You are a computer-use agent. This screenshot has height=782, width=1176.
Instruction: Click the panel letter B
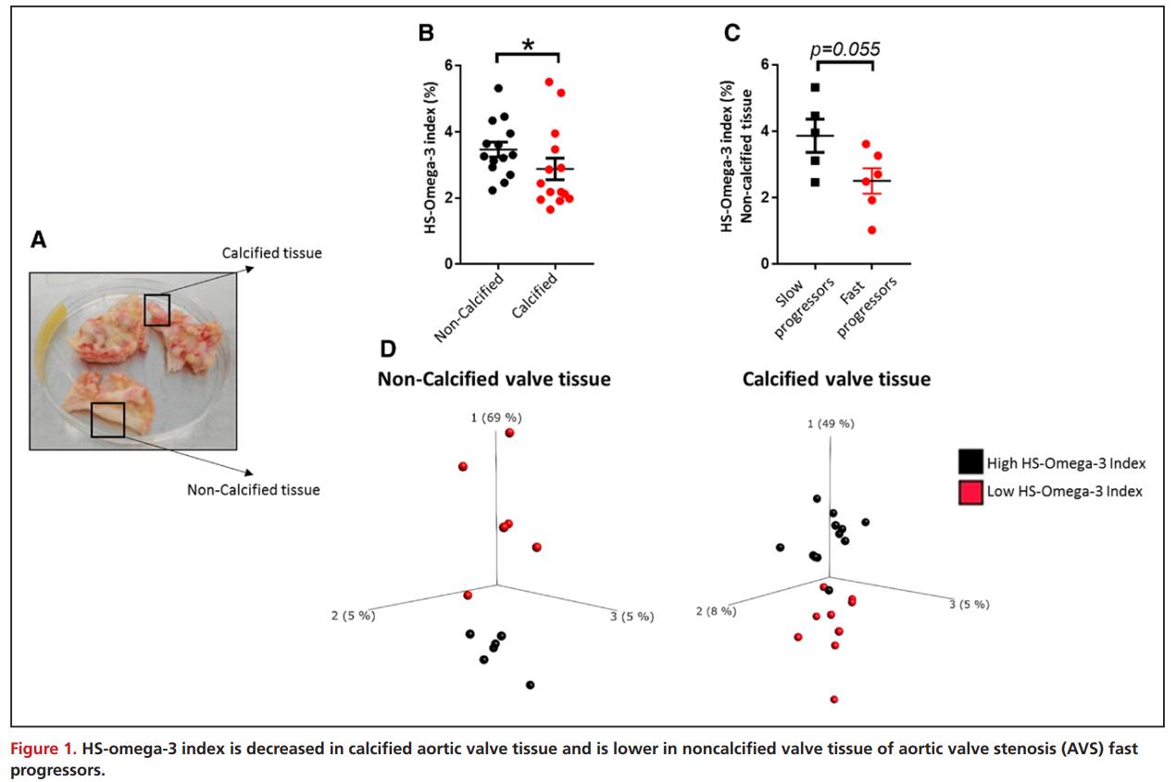pos(426,33)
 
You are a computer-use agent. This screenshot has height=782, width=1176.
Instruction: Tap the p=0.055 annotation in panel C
pos(844,50)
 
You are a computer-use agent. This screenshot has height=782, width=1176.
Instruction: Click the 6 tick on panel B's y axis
pos(447,66)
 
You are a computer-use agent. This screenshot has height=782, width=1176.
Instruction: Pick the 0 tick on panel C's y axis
pos(764,263)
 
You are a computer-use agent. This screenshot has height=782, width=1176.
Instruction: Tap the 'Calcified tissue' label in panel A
pos(272,252)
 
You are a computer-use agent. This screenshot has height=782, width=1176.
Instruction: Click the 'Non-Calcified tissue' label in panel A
pos(254,489)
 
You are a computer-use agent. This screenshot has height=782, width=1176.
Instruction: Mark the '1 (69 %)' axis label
pos(496,418)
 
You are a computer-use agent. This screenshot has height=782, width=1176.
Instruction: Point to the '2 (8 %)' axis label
pos(716,611)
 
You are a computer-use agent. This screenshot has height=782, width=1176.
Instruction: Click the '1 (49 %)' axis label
pos(830,423)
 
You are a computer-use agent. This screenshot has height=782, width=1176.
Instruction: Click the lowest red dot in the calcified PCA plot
pos(834,700)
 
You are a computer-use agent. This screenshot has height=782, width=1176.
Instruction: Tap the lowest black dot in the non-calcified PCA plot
pos(530,685)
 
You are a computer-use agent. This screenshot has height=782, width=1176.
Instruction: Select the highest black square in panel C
pos(815,88)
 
